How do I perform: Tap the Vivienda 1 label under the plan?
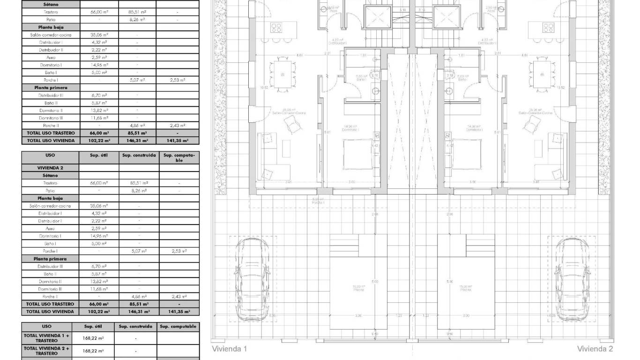(229, 349)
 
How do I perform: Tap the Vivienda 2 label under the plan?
(595, 349)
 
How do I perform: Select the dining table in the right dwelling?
(542, 74)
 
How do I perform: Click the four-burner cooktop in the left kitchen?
(276, 27)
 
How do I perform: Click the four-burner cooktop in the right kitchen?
(548, 27)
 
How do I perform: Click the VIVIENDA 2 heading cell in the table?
(50, 167)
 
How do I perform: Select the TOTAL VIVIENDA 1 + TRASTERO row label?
(46, 338)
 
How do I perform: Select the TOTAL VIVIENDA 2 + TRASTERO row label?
(46, 351)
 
